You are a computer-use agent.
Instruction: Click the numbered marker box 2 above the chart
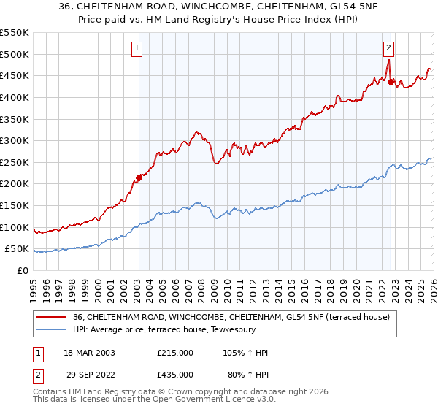tap(388, 49)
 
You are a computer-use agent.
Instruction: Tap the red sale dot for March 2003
tap(138, 177)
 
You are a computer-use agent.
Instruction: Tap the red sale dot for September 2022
tap(391, 83)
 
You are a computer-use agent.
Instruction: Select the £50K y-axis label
tap(17, 249)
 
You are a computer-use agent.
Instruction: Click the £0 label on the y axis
tap(23, 270)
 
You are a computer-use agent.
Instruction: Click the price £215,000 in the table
tap(175, 353)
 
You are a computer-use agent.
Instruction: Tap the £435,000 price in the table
tap(175, 374)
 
